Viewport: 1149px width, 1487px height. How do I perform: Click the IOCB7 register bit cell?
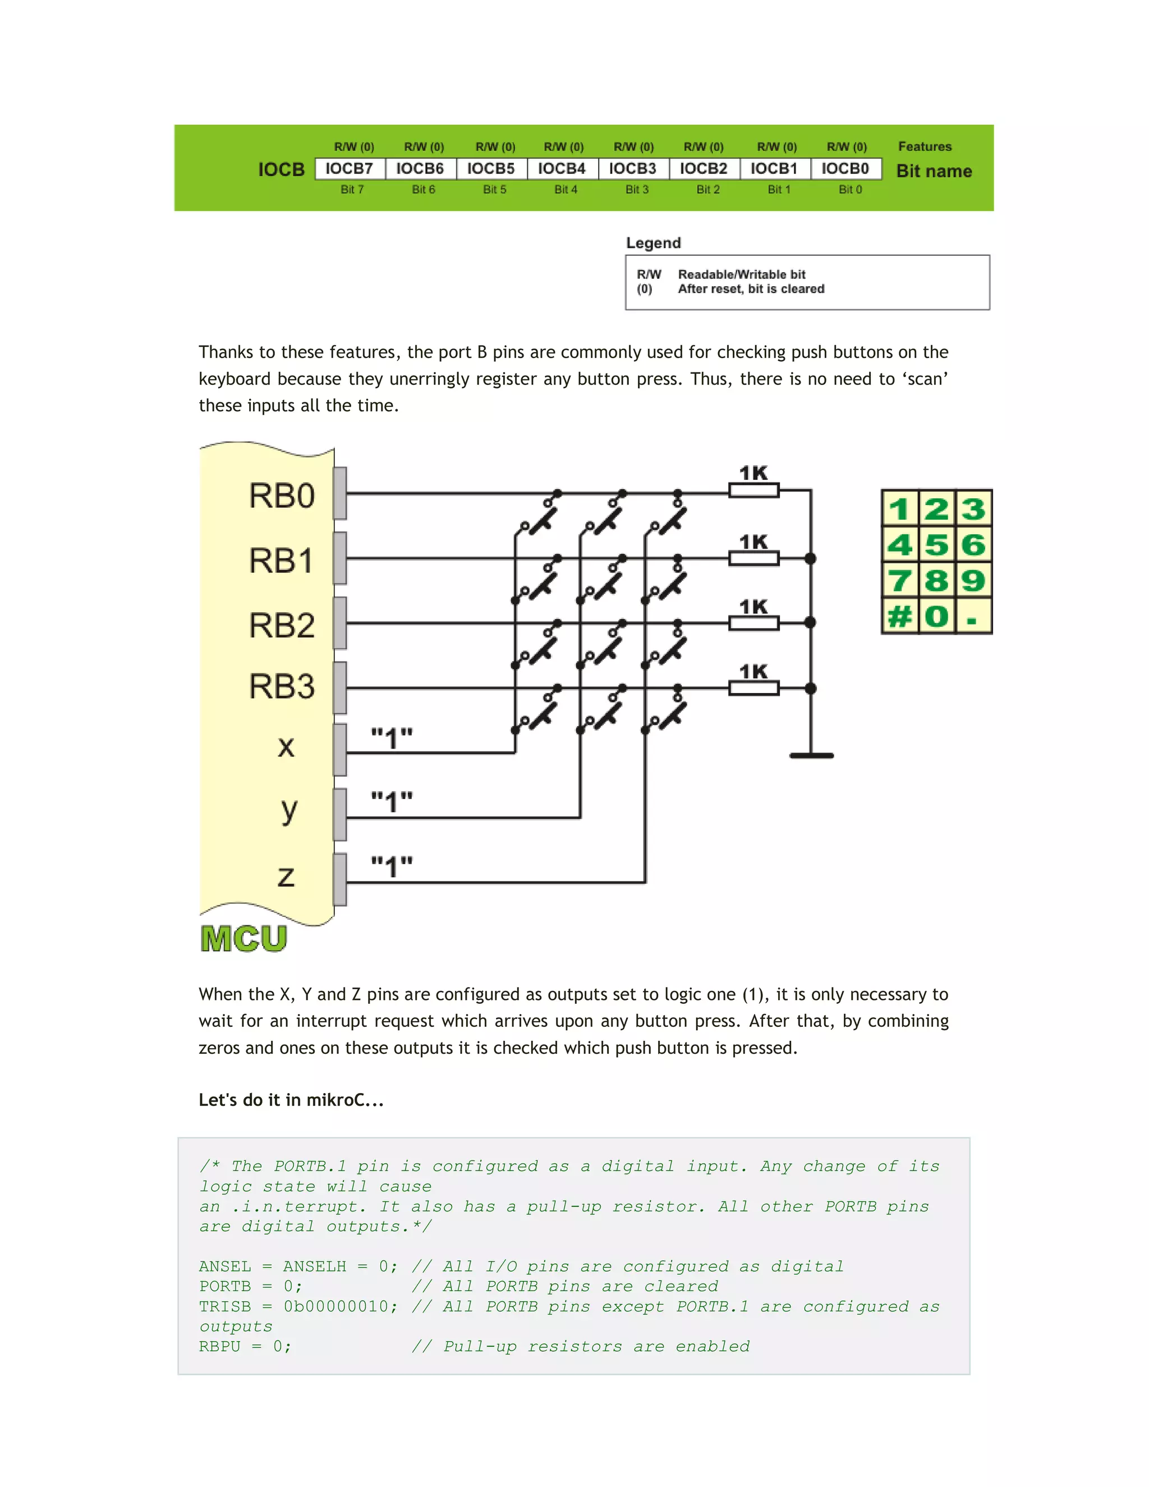(x=349, y=168)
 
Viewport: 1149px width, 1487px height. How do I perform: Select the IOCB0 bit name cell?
(x=845, y=168)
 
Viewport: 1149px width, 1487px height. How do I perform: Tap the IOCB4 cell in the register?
(x=562, y=168)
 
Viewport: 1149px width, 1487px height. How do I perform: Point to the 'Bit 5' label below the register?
(x=495, y=189)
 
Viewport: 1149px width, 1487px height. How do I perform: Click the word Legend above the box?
(x=654, y=243)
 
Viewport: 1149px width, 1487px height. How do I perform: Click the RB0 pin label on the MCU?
(x=282, y=495)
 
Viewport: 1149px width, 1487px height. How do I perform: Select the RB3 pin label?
(x=282, y=686)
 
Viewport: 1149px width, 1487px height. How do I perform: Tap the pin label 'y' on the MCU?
(x=288, y=810)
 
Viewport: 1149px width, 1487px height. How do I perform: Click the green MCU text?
(x=243, y=939)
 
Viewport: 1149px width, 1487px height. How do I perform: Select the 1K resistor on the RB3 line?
(x=753, y=689)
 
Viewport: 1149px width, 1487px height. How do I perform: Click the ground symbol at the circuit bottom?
(x=811, y=755)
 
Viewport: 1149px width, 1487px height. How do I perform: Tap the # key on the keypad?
(x=900, y=617)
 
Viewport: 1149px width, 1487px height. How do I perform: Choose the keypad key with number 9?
(x=973, y=581)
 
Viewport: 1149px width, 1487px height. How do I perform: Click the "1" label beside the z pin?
(x=392, y=868)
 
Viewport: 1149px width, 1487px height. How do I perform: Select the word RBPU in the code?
(x=220, y=1347)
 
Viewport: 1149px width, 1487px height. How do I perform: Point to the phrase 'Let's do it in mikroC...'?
(x=291, y=1100)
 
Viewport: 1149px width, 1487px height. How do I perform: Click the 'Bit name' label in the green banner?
(x=934, y=171)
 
